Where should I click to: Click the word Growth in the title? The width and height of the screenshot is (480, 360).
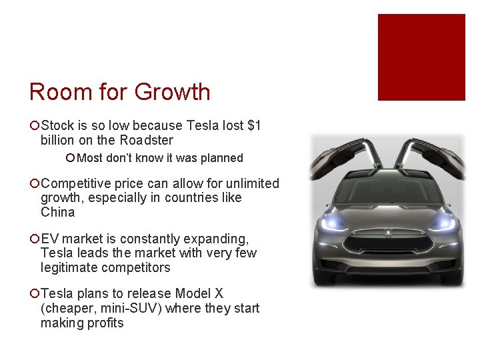(172, 92)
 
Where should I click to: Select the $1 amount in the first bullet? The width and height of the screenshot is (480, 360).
(254, 125)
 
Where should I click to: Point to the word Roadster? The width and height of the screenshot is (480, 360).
(146, 140)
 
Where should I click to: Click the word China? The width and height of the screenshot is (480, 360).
(58, 213)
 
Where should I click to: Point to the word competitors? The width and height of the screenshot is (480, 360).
(136, 268)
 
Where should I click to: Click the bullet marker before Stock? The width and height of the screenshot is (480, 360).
(34, 126)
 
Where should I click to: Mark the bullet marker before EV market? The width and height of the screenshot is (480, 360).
(34, 239)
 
